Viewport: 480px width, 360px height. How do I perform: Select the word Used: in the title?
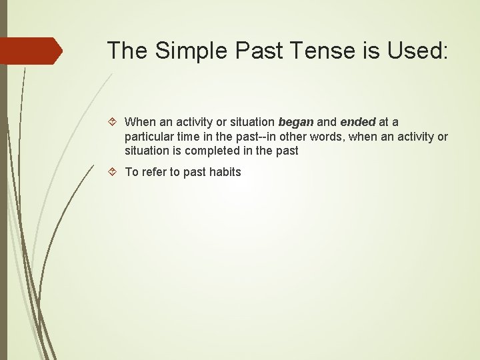tap(419, 51)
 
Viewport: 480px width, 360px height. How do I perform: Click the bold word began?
tap(295, 122)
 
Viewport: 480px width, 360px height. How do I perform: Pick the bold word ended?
tap(358, 122)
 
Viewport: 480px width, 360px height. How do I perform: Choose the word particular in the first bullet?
tap(149, 137)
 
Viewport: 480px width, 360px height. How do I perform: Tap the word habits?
tap(225, 172)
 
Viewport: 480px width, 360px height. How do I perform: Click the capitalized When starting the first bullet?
tap(140, 122)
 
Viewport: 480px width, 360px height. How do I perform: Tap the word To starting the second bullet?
tap(132, 172)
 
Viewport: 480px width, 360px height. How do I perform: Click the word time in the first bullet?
tap(188, 137)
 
